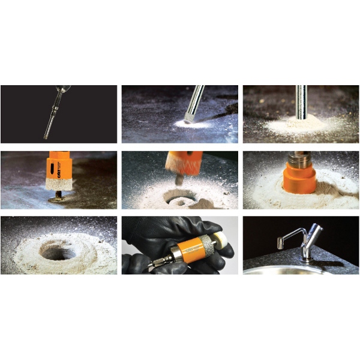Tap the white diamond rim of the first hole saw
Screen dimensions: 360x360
[59, 187]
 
